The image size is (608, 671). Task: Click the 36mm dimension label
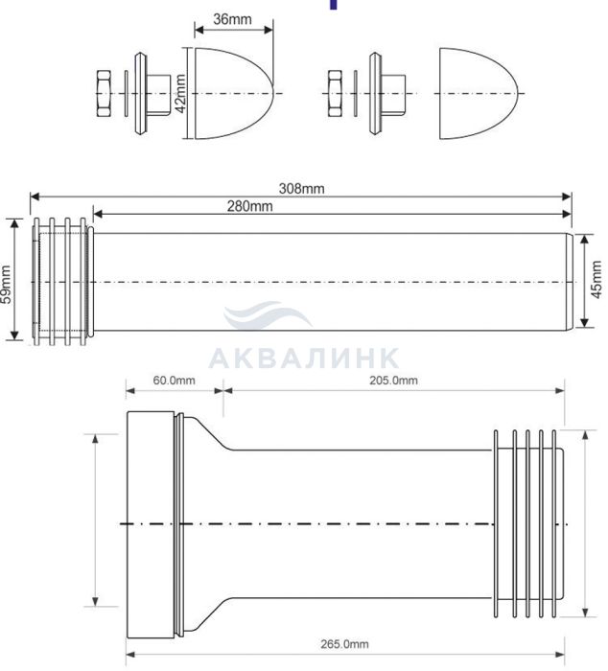point(232,19)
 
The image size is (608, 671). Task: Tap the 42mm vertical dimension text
point(180,94)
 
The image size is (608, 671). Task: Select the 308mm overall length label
point(301,188)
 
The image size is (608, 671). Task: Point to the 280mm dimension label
point(249,206)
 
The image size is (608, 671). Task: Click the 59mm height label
point(6,284)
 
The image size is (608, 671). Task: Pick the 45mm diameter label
point(596,280)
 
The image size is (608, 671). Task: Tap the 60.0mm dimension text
point(174,380)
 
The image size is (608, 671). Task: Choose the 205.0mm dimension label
point(393,380)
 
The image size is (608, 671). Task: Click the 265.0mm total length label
point(344,643)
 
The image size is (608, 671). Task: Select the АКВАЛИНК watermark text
point(304,358)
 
